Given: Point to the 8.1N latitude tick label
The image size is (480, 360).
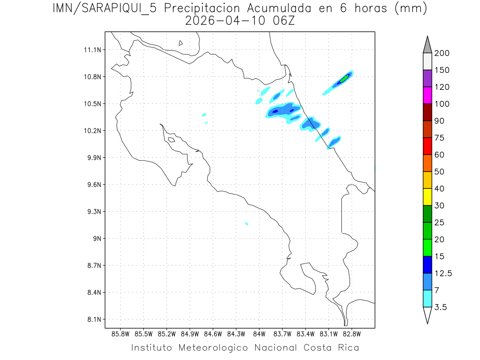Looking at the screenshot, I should pos(93,320).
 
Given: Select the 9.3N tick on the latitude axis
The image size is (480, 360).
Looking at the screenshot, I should pos(93,212).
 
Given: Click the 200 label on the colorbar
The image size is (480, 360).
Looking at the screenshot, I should pos(442,53).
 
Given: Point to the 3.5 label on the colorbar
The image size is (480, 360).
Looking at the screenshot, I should pos(441,307).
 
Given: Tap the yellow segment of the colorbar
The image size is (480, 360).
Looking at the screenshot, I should pos(427,197).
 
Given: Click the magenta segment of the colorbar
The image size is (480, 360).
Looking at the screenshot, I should pos(427,95).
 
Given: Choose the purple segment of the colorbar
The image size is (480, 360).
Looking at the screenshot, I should pos(427,78).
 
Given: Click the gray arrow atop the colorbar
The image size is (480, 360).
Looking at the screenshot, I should pos(427,45).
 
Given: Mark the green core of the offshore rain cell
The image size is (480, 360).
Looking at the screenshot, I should pos(343,78).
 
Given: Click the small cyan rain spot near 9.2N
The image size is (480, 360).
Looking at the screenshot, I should pos(246,224).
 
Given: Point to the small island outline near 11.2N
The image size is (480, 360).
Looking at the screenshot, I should pos(181,43).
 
